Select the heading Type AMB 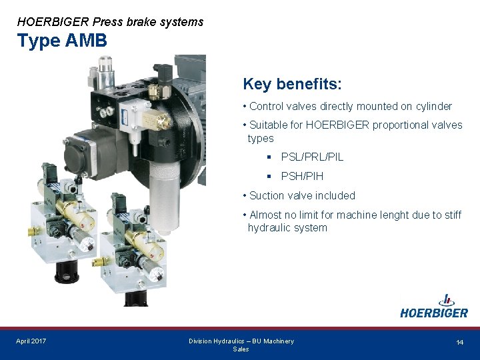coord(62,41)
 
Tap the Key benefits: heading coord(292,84)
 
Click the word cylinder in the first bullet coord(433,106)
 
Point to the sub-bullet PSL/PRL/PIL coord(312,157)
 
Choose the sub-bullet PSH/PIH coord(302,176)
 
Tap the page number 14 coord(459,342)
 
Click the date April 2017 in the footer coord(31,341)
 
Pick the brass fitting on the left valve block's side coord(32,231)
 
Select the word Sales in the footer coord(241,349)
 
